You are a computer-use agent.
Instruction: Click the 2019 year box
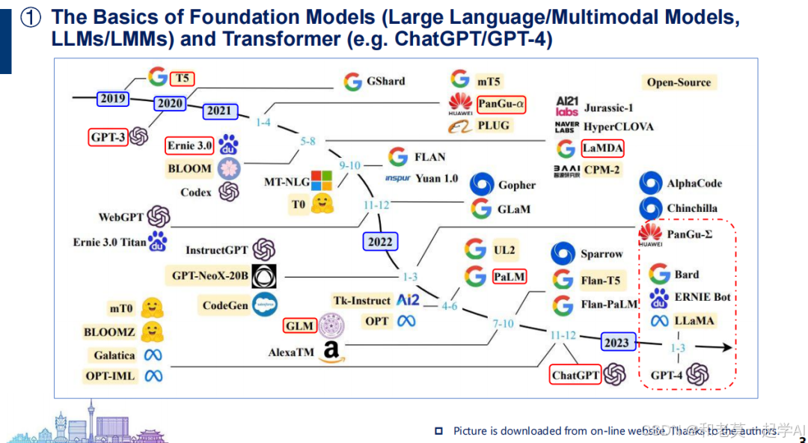(113, 98)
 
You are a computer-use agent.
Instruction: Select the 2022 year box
(380, 242)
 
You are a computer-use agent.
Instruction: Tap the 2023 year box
(617, 343)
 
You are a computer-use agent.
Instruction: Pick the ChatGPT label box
(576, 374)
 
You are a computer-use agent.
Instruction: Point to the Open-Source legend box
(678, 82)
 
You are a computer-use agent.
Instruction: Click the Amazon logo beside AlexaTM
(331, 352)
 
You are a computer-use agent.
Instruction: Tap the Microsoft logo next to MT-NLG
(322, 180)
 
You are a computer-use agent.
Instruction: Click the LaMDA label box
(602, 148)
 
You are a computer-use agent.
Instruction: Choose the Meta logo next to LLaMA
(659, 321)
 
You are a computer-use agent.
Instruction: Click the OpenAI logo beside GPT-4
(698, 374)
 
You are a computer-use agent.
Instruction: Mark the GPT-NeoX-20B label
(210, 275)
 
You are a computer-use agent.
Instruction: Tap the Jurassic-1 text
(608, 108)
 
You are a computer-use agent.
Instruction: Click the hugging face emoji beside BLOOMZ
(153, 332)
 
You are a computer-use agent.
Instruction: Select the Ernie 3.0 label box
(190, 146)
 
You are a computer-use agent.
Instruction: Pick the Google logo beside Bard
(659, 274)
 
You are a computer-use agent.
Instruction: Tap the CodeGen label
(225, 305)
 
